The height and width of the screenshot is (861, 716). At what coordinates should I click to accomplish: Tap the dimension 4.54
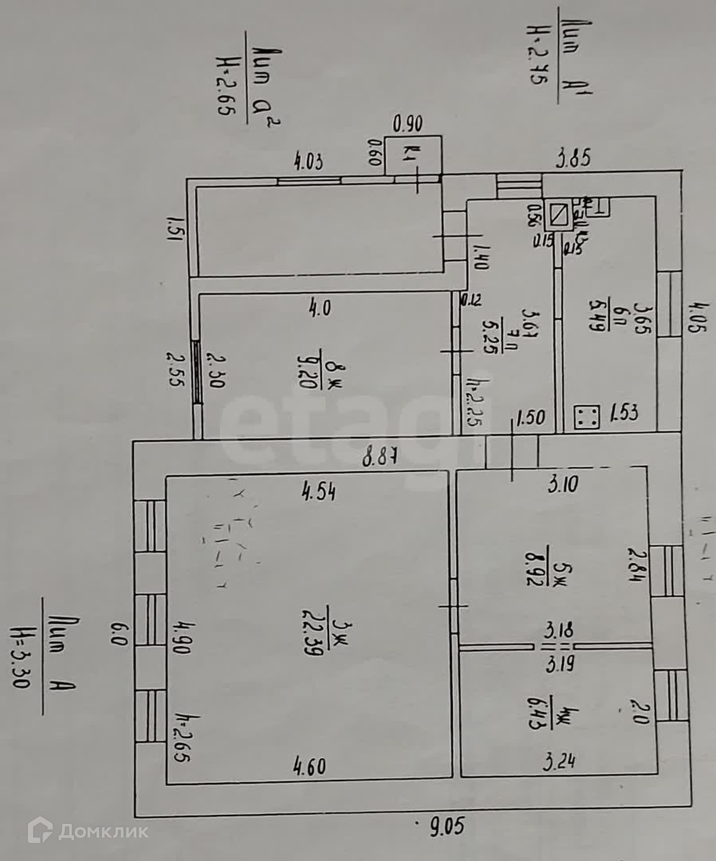pos(319,492)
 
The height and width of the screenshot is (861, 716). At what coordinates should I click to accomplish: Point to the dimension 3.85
pos(573,159)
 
